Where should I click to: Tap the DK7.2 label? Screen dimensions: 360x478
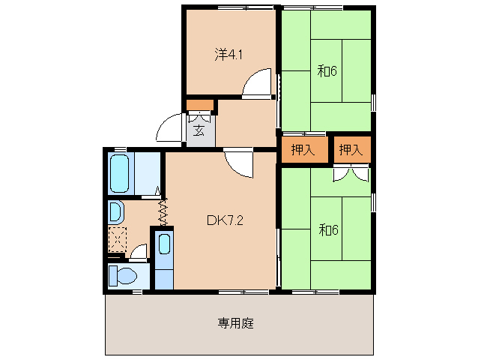coord(223,220)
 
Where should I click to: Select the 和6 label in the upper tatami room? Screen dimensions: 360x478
coord(327,72)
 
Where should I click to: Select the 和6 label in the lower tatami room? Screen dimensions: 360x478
coord(328,229)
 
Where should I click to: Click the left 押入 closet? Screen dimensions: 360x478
coord(303,149)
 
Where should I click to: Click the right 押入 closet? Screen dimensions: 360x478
coord(351,149)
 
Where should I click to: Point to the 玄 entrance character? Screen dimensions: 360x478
coord(199,130)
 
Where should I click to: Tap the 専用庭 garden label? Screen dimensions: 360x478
coord(236,324)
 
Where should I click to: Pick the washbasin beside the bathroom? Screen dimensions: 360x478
coord(117,212)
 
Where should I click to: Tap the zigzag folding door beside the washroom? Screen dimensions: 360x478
coord(162,211)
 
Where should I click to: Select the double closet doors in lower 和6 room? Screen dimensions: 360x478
coord(350,175)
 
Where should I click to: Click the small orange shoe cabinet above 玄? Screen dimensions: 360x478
coord(199,105)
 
